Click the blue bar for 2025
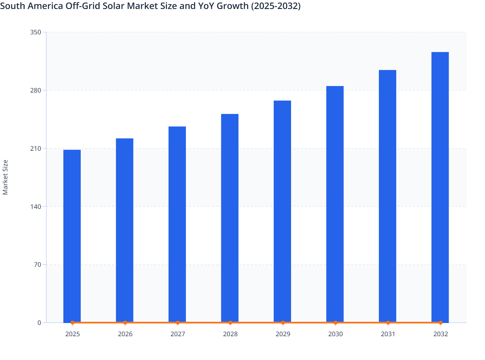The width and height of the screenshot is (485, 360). click(72, 236)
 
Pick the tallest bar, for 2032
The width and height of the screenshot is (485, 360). click(440, 187)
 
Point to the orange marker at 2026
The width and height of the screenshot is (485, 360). click(125, 323)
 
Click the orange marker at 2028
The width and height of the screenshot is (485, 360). click(230, 323)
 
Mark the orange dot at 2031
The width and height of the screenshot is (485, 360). click(388, 323)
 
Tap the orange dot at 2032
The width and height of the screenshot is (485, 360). click(441, 323)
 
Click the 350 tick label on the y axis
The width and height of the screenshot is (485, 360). click(36, 32)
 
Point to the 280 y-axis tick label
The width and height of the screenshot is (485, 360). click(36, 90)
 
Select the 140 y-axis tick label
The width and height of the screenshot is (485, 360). click(36, 206)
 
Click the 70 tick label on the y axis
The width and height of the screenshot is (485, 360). click(37, 265)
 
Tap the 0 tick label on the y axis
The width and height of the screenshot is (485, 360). click(39, 323)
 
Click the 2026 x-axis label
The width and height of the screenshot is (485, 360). click(125, 334)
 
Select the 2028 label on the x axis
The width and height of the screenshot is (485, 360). click(230, 334)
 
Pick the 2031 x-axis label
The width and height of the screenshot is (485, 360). click(388, 334)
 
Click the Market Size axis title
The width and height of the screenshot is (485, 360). click(5, 177)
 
